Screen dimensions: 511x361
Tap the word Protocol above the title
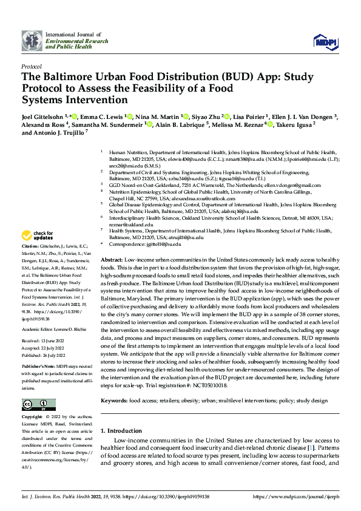(x=31, y=66)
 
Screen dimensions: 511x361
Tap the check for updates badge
(x=38, y=235)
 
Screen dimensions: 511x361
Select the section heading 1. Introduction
(x=121, y=413)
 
